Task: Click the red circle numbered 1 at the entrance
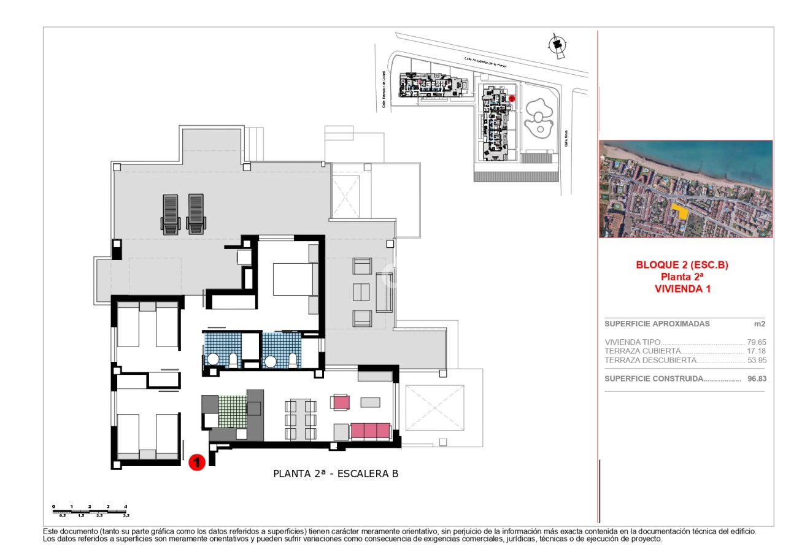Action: click(x=196, y=462)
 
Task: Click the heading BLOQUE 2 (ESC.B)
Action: click(x=682, y=266)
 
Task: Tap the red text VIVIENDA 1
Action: click(x=682, y=289)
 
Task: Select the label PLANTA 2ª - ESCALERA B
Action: click(x=336, y=474)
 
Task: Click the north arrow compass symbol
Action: click(x=557, y=44)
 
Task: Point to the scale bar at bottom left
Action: click(x=90, y=510)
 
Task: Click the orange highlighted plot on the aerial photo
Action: click(x=679, y=211)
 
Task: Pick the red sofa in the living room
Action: click(x=370, y=431)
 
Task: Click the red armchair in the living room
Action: click(x=340, y=402)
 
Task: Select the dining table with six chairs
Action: click(x=301, y=420)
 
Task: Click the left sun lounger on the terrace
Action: click(x=170, y=214)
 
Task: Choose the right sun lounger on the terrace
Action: click(x=196, y=214)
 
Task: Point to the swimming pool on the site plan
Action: click(x=539, y=116)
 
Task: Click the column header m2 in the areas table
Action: click(x=760, y=324)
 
